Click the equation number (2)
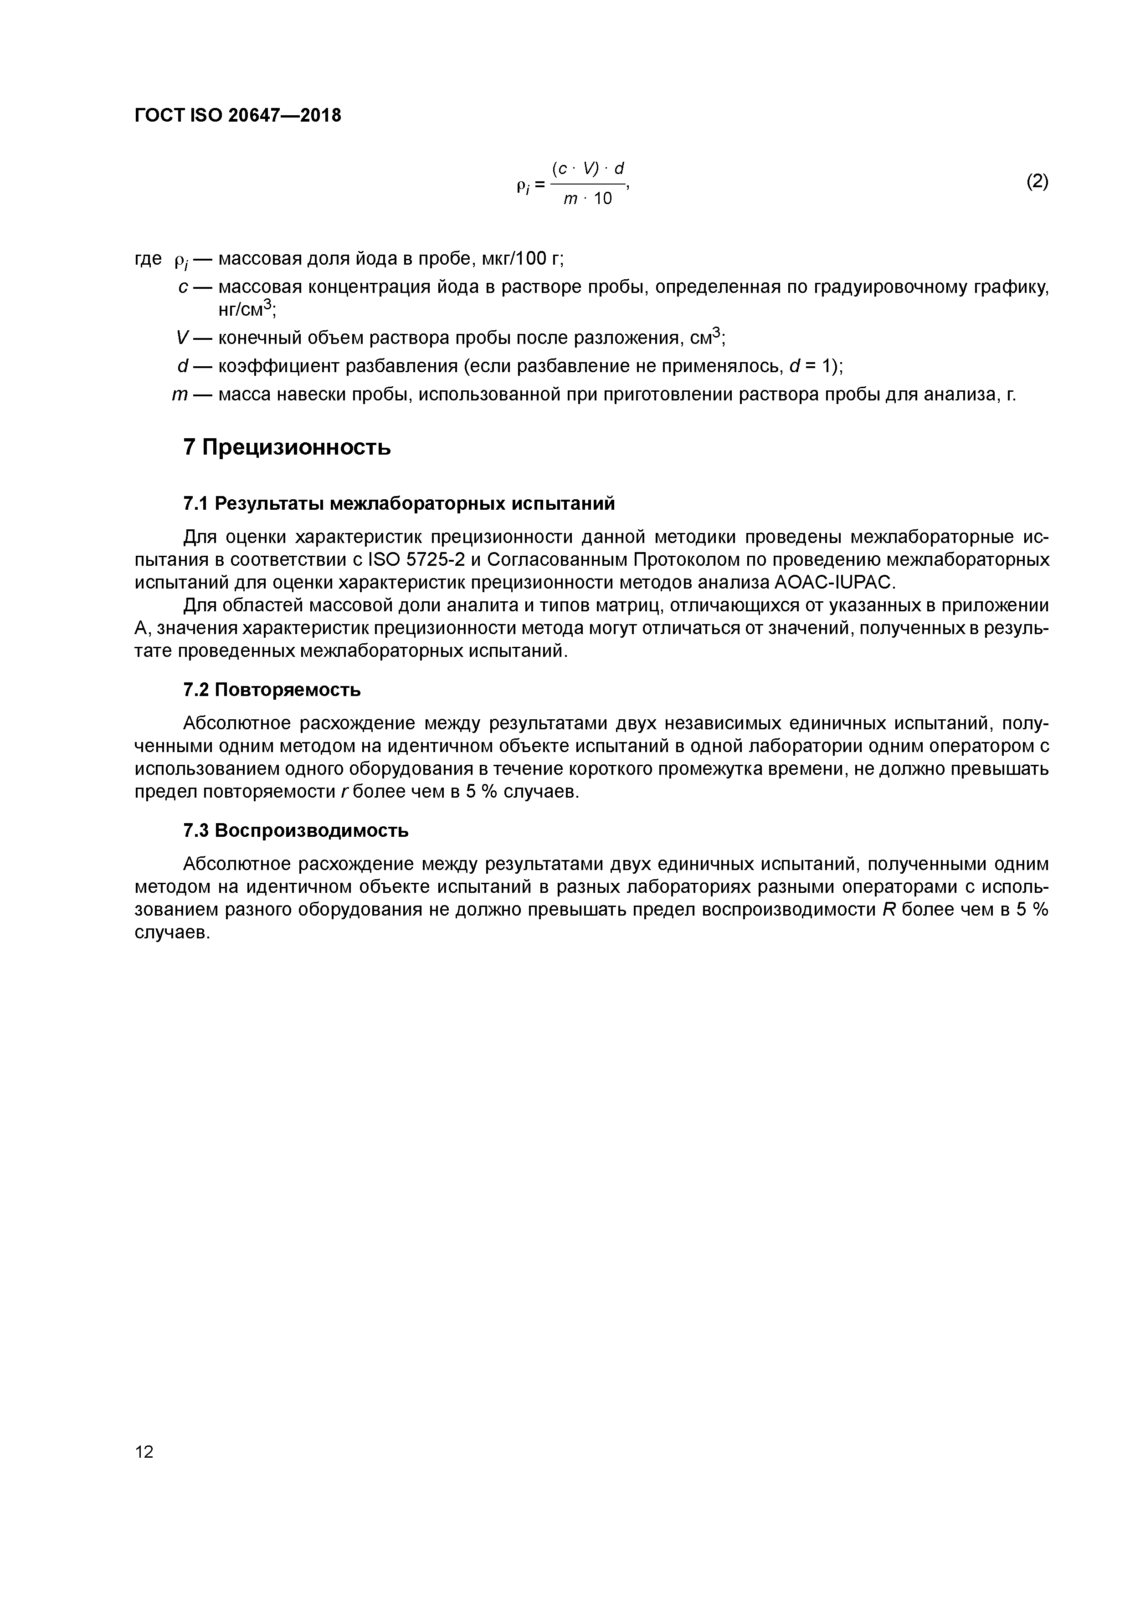(1037, 182)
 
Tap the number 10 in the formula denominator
(603, 199)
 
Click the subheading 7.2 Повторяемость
(272, 690)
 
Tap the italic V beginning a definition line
(182, 338)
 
